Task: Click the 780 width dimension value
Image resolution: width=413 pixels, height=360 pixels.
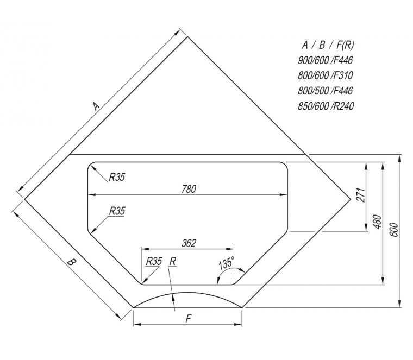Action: tap(189, 189)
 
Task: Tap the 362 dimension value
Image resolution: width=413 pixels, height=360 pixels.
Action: tap(189, 243)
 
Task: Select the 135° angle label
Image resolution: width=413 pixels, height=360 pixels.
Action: tap(227, 263)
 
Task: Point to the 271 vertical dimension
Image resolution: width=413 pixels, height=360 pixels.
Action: tap(361, 195)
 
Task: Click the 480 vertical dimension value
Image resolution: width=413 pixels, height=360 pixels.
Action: tap(377, 222)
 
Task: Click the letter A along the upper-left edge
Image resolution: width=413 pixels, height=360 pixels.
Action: tap(96, 106)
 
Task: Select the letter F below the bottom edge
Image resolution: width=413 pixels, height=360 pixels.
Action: tap(188, 319)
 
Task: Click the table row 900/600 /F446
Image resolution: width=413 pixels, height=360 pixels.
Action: tap(326, 60)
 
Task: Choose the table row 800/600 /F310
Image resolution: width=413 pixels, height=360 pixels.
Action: tap(326, 76)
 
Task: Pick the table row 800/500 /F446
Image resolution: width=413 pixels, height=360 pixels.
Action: tap(326, 91)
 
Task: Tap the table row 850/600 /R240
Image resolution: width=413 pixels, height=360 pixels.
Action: tap(326, 106)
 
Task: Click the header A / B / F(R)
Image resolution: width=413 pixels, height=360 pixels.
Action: tap(328, 45)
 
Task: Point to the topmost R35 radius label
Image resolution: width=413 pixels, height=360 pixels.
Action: tap(117, 178)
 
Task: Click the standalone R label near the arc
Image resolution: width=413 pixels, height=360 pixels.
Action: tap(173, 262)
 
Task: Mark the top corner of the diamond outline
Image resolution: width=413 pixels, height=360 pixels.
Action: tap(187, 36)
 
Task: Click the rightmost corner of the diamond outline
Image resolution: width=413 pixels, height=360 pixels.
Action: tap(351, 199)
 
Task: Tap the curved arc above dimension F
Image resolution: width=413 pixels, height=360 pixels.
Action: tap(187, 293)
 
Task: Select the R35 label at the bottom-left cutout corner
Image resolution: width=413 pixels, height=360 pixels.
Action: tap(154, 262)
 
